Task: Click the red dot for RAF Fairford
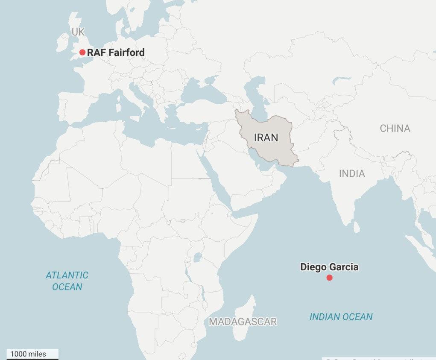coord(82,53)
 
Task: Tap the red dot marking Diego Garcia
coord(329,278)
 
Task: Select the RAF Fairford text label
coord(116,53)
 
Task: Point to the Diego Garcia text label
coord(329,267)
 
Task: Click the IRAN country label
coord(266,138)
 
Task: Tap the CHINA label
coord(395,128)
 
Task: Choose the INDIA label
coord(352,173)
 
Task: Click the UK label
coord(78,32)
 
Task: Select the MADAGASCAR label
coord(243,322)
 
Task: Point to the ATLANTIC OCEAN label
coord(67,281)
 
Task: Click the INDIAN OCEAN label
coord(341,316)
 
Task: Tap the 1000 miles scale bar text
coord(28,354)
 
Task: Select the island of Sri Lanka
coord(357,227)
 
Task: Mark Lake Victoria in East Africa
coord(197,258)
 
